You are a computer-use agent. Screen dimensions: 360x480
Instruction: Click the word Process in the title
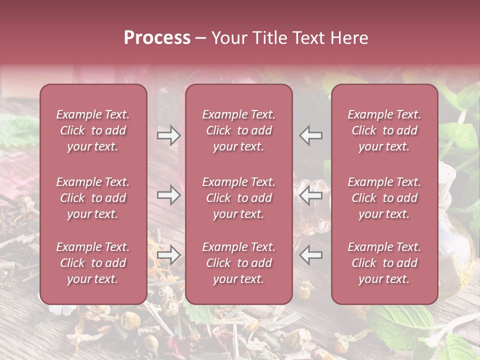click(157, 37)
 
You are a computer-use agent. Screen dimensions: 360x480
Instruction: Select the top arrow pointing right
click(168, 135)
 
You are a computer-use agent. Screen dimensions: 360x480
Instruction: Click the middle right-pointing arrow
click(168, 194)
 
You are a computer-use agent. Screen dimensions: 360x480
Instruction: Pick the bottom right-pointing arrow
click(168, 255)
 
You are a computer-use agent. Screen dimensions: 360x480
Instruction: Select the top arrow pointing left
click(310, 135)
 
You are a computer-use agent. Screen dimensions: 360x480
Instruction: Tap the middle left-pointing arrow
click(310, 194)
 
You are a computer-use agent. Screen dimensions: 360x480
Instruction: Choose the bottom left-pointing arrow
click(310, 255)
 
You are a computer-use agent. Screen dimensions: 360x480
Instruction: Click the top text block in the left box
click(93, 130)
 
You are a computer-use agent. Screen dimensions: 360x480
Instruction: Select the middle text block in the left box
click(93, 198)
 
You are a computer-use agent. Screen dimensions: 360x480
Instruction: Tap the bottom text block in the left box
click(93, 263)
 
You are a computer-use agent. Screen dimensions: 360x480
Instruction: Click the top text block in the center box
click(238, 130)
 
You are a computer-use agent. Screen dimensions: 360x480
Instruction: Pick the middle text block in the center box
click(238, 198)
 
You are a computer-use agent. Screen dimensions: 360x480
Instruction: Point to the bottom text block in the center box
click(238, 263)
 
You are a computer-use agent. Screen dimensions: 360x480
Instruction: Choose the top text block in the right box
click(384, 130)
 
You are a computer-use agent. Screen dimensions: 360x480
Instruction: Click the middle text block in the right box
click(384, 198)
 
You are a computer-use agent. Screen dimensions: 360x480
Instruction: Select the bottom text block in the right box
click(384, 263)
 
